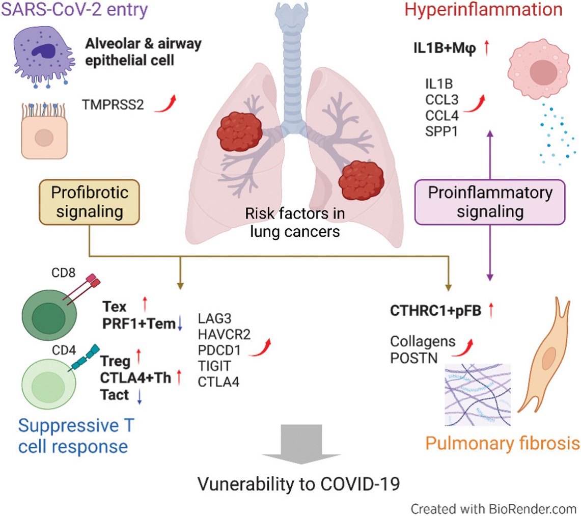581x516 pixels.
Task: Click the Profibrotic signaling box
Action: (90, 202)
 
